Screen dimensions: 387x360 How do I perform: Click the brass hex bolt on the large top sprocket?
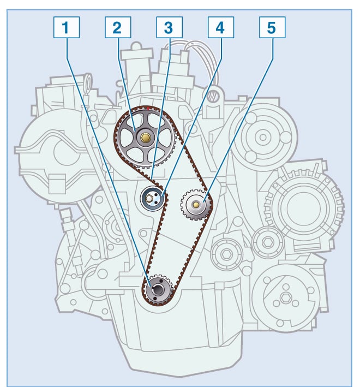145,138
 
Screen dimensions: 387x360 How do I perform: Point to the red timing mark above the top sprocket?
147,108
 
